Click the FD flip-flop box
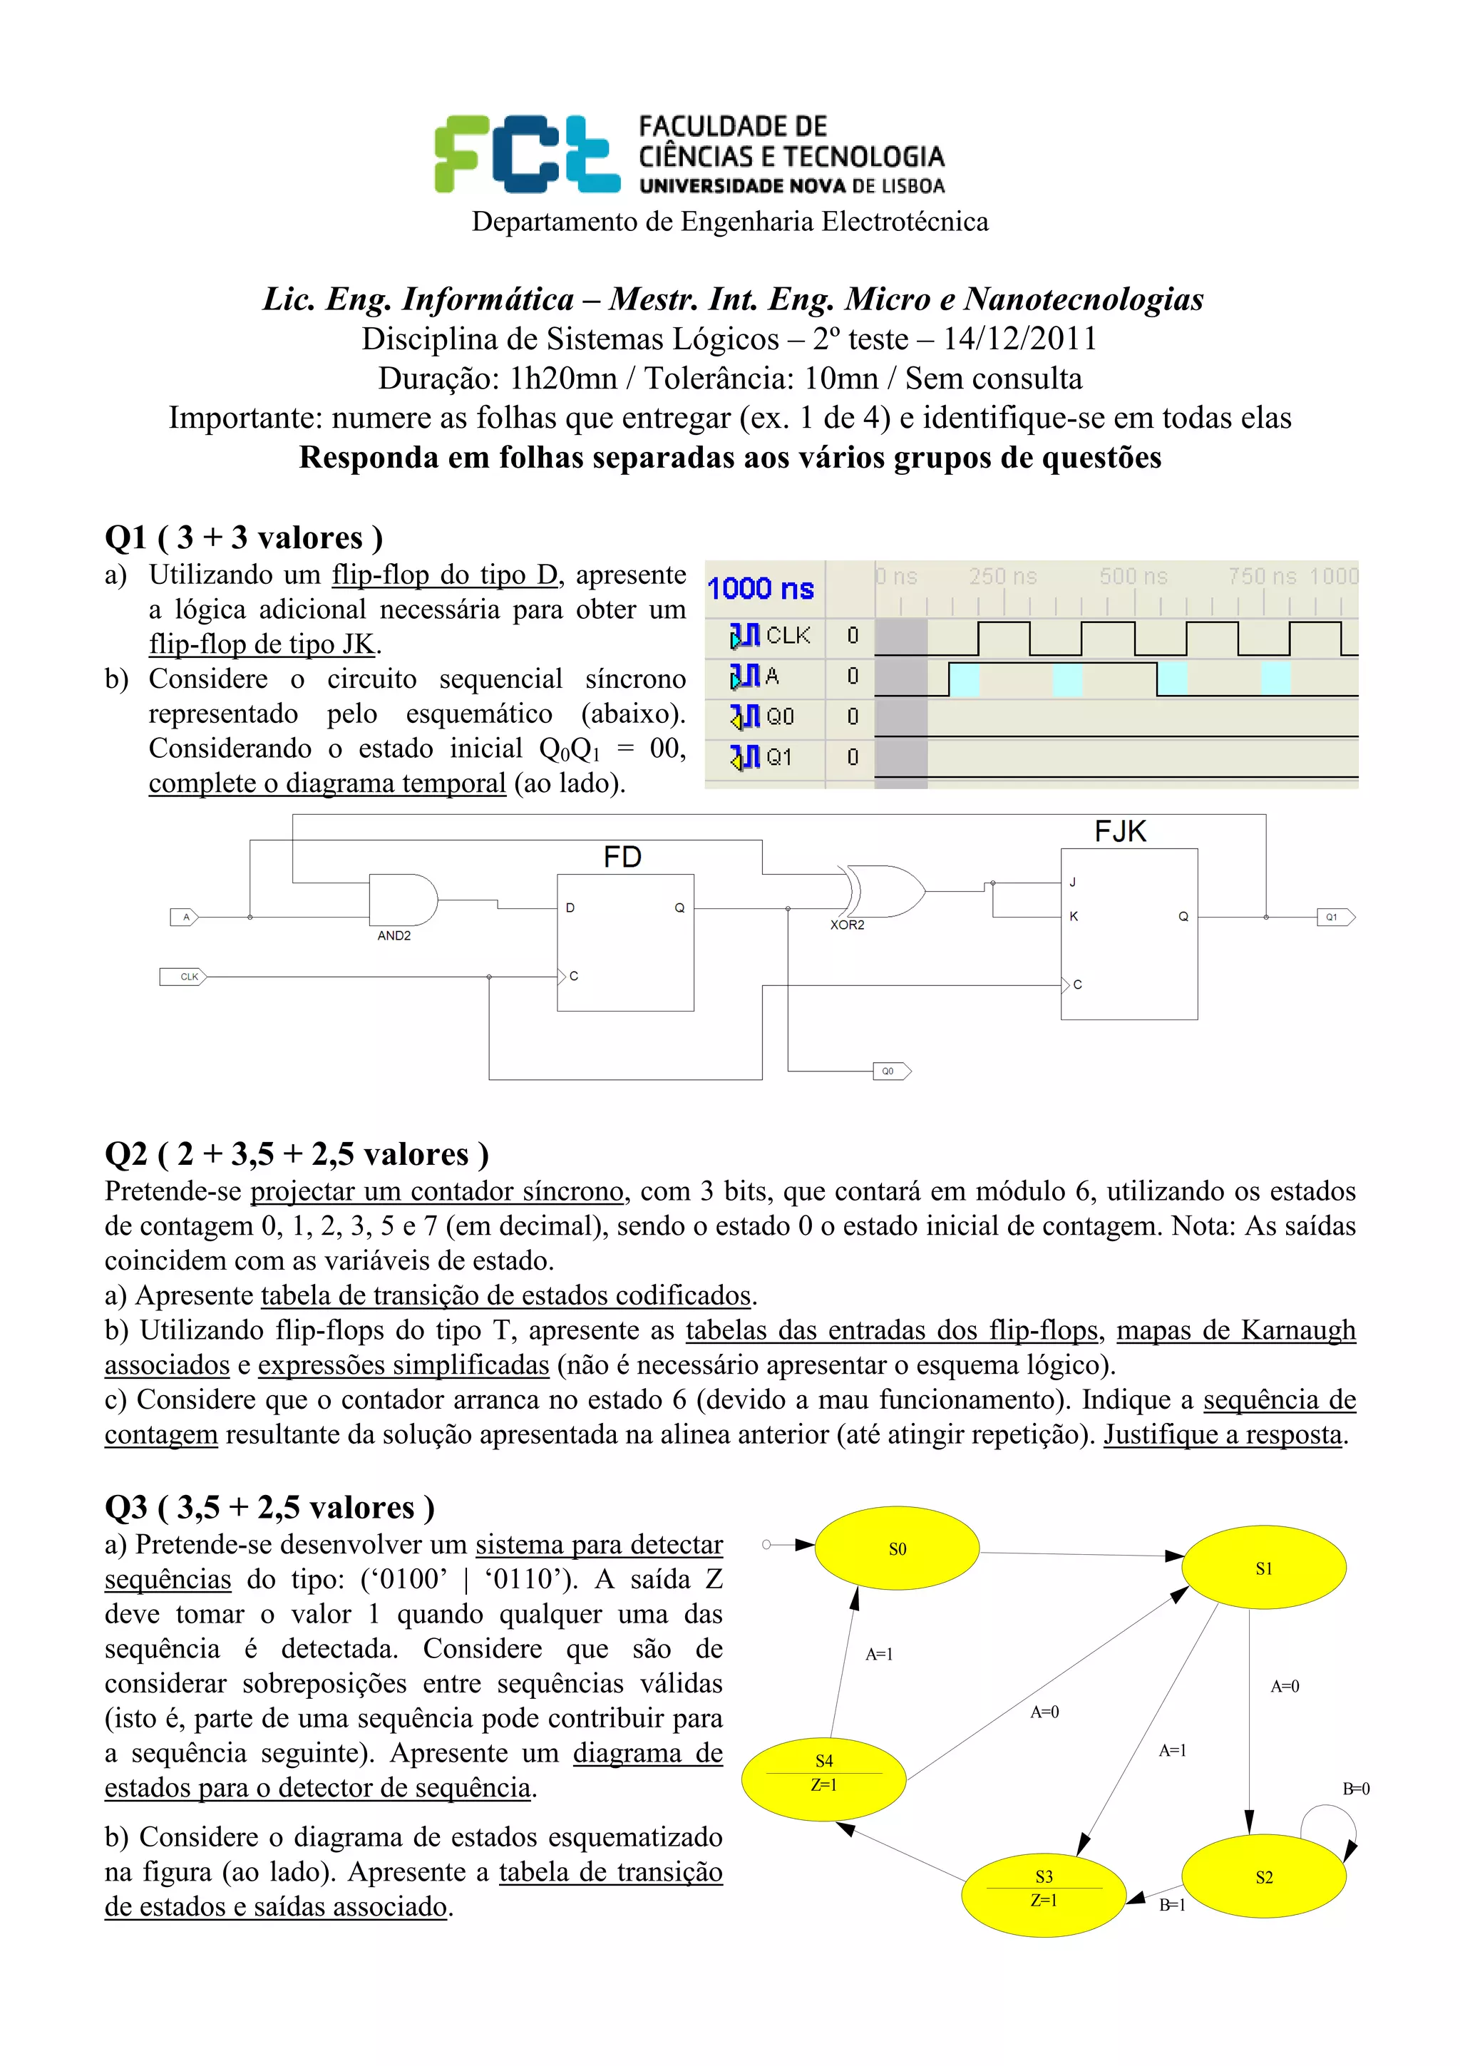[x=625, y=942]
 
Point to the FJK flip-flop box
[x=1129, y=933]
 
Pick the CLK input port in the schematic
[x=183, y=976]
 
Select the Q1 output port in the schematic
[x=1335, y=917]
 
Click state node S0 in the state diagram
[x=897, y=1548]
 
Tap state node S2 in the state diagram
[x=1263, y=1877]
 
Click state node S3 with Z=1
[x=1044, y=1888]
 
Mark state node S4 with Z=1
[x=824, y=1773]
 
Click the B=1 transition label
[x=1171, y=1905]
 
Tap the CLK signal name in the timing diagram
[x=787, y=635]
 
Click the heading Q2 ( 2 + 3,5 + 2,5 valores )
[x=297, y=1153]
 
